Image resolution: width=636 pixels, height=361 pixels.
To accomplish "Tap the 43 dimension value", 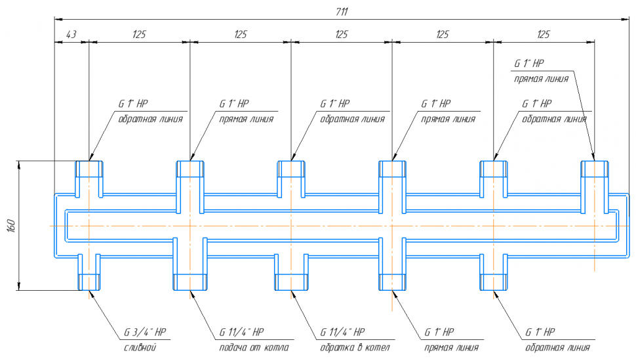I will [x=71, y=34].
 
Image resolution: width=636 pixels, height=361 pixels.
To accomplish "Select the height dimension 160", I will [x=12, y=225].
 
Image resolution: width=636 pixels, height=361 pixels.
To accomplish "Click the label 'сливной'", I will [x=140, y=347].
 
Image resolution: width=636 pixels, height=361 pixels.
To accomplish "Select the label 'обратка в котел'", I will [x=355, y=347].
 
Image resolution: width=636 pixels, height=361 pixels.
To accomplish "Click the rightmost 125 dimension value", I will [x=544, y=34].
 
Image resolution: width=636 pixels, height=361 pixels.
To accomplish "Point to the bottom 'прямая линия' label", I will [x=451, y=347].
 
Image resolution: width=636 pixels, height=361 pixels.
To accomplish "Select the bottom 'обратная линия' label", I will [x=558, y=347].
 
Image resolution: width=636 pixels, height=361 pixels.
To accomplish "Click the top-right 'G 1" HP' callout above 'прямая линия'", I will [x=529, y=64].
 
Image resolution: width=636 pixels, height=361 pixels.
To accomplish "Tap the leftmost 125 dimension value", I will [x=139, y=34].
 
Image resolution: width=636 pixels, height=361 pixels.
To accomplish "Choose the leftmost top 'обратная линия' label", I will [x=150, y=119].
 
